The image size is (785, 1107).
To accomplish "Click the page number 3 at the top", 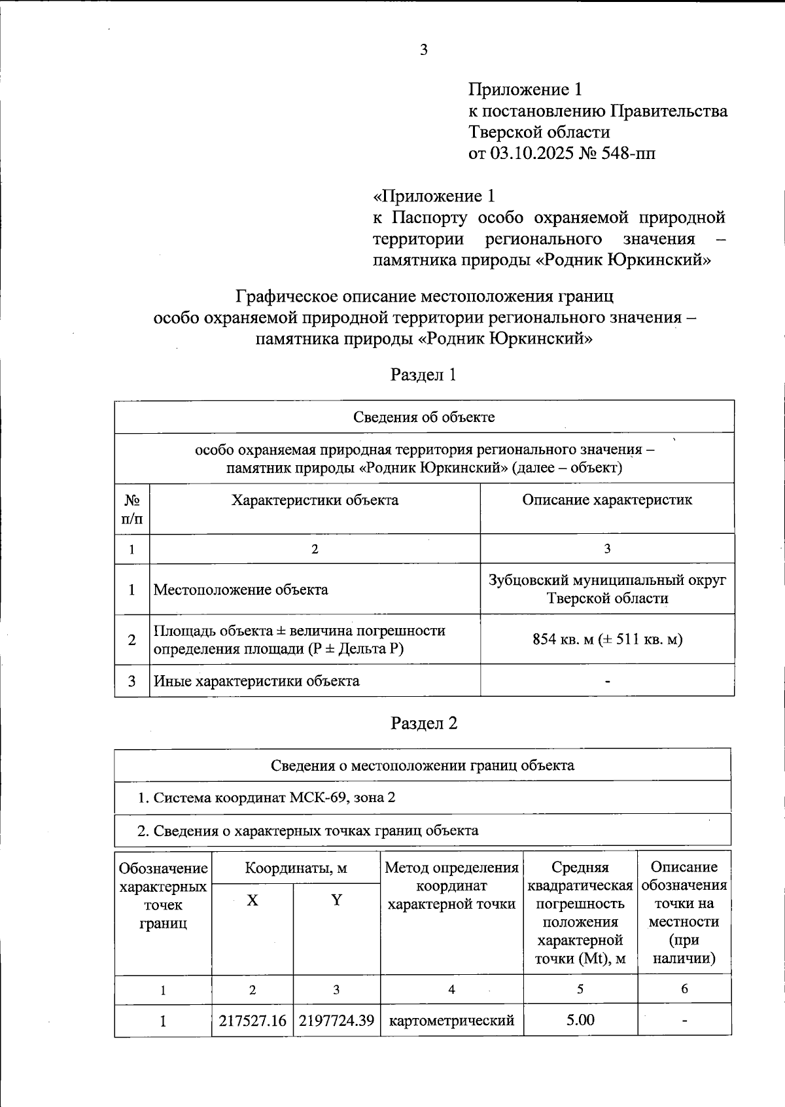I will click(424, 50).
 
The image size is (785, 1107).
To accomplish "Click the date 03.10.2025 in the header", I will click(530, 154).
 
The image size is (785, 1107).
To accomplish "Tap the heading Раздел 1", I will click(423, 375).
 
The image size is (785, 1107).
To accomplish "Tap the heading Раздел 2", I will click(423, 723).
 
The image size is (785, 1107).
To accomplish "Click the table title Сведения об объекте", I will click(424, 417).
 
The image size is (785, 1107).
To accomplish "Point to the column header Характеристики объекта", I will click(315, 501).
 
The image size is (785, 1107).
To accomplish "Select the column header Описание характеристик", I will click(606, 501).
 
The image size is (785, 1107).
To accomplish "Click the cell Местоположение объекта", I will click(241, 589).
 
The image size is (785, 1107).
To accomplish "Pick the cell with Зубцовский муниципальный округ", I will click(607, 581).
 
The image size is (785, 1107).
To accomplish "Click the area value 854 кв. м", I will click(562, 639).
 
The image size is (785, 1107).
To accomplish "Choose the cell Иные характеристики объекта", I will click(256, 681).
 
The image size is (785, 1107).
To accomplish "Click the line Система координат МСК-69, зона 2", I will click(266, 798).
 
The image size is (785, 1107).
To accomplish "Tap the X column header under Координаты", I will click(253, 900).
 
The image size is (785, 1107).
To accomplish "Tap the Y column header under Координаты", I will click(336, 900).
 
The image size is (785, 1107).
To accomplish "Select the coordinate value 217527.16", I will click(253, 1021).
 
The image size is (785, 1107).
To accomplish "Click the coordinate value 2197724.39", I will click(336, 1021).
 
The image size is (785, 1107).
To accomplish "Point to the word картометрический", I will click(451, 1021).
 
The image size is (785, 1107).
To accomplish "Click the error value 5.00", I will click(580, 1021).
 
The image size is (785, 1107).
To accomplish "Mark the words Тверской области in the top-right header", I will click(539, 132).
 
